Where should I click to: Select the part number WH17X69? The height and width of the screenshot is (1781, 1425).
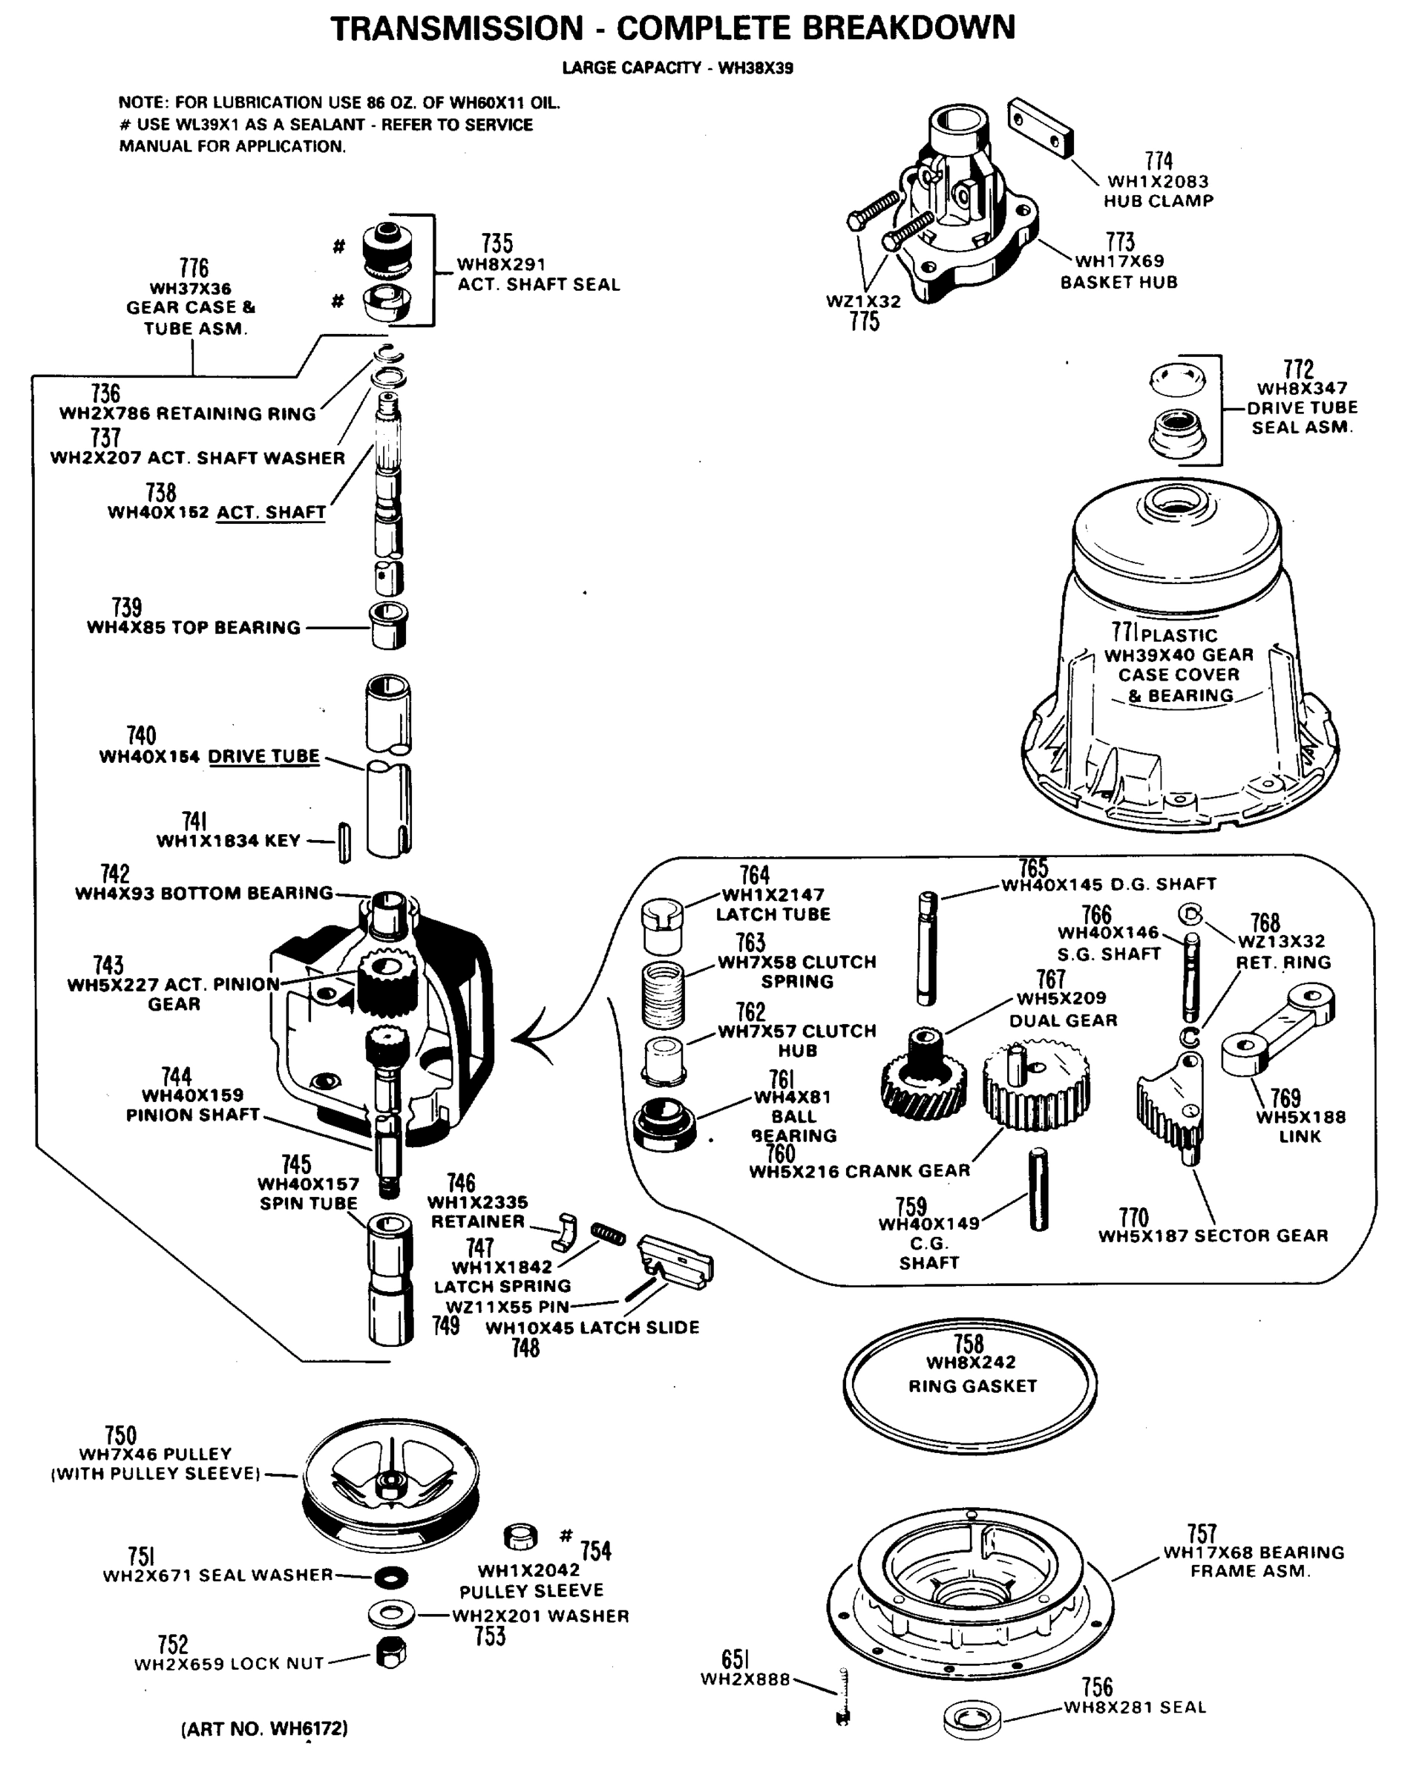coord(1119,261)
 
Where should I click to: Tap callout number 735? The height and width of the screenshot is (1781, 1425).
coord(497,243)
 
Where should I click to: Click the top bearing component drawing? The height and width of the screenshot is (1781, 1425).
coord(387,626)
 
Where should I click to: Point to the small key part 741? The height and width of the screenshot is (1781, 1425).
coord(344,842)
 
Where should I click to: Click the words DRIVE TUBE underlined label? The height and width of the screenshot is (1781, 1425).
coord(263,757)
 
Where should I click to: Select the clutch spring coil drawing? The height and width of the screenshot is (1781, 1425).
coord(663,994)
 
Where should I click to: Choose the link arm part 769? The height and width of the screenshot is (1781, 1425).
coord(1277,1029)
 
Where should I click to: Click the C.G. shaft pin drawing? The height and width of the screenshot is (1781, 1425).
coord(1038,1190)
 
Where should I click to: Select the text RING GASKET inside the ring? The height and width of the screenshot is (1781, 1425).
coord(972,1386)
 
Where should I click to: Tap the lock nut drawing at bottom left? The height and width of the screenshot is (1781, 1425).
coord(390,1652)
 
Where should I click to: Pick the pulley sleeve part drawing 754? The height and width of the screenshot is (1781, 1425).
coord(520,1538)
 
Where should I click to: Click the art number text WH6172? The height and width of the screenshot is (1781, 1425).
coord(264,1728)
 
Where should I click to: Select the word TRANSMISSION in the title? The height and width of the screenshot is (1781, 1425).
coord(457,29)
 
